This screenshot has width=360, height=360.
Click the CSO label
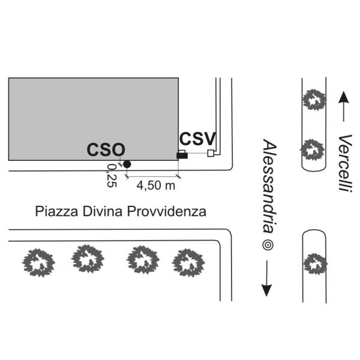coord(106,150)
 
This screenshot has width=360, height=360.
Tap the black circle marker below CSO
coord(127,164)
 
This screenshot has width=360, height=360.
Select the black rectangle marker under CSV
coord(182,156)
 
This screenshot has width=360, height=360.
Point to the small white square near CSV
coord(210,154)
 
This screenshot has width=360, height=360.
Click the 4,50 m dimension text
coord(156,185)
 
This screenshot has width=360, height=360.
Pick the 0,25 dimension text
coord(111,175)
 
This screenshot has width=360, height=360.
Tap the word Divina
coord(98,211)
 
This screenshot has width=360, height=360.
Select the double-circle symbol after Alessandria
coord(268,245)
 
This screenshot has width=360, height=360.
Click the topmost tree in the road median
coord(314,99)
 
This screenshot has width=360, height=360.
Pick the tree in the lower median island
coord(314,263)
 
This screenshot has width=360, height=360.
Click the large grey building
coord(93,114)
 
